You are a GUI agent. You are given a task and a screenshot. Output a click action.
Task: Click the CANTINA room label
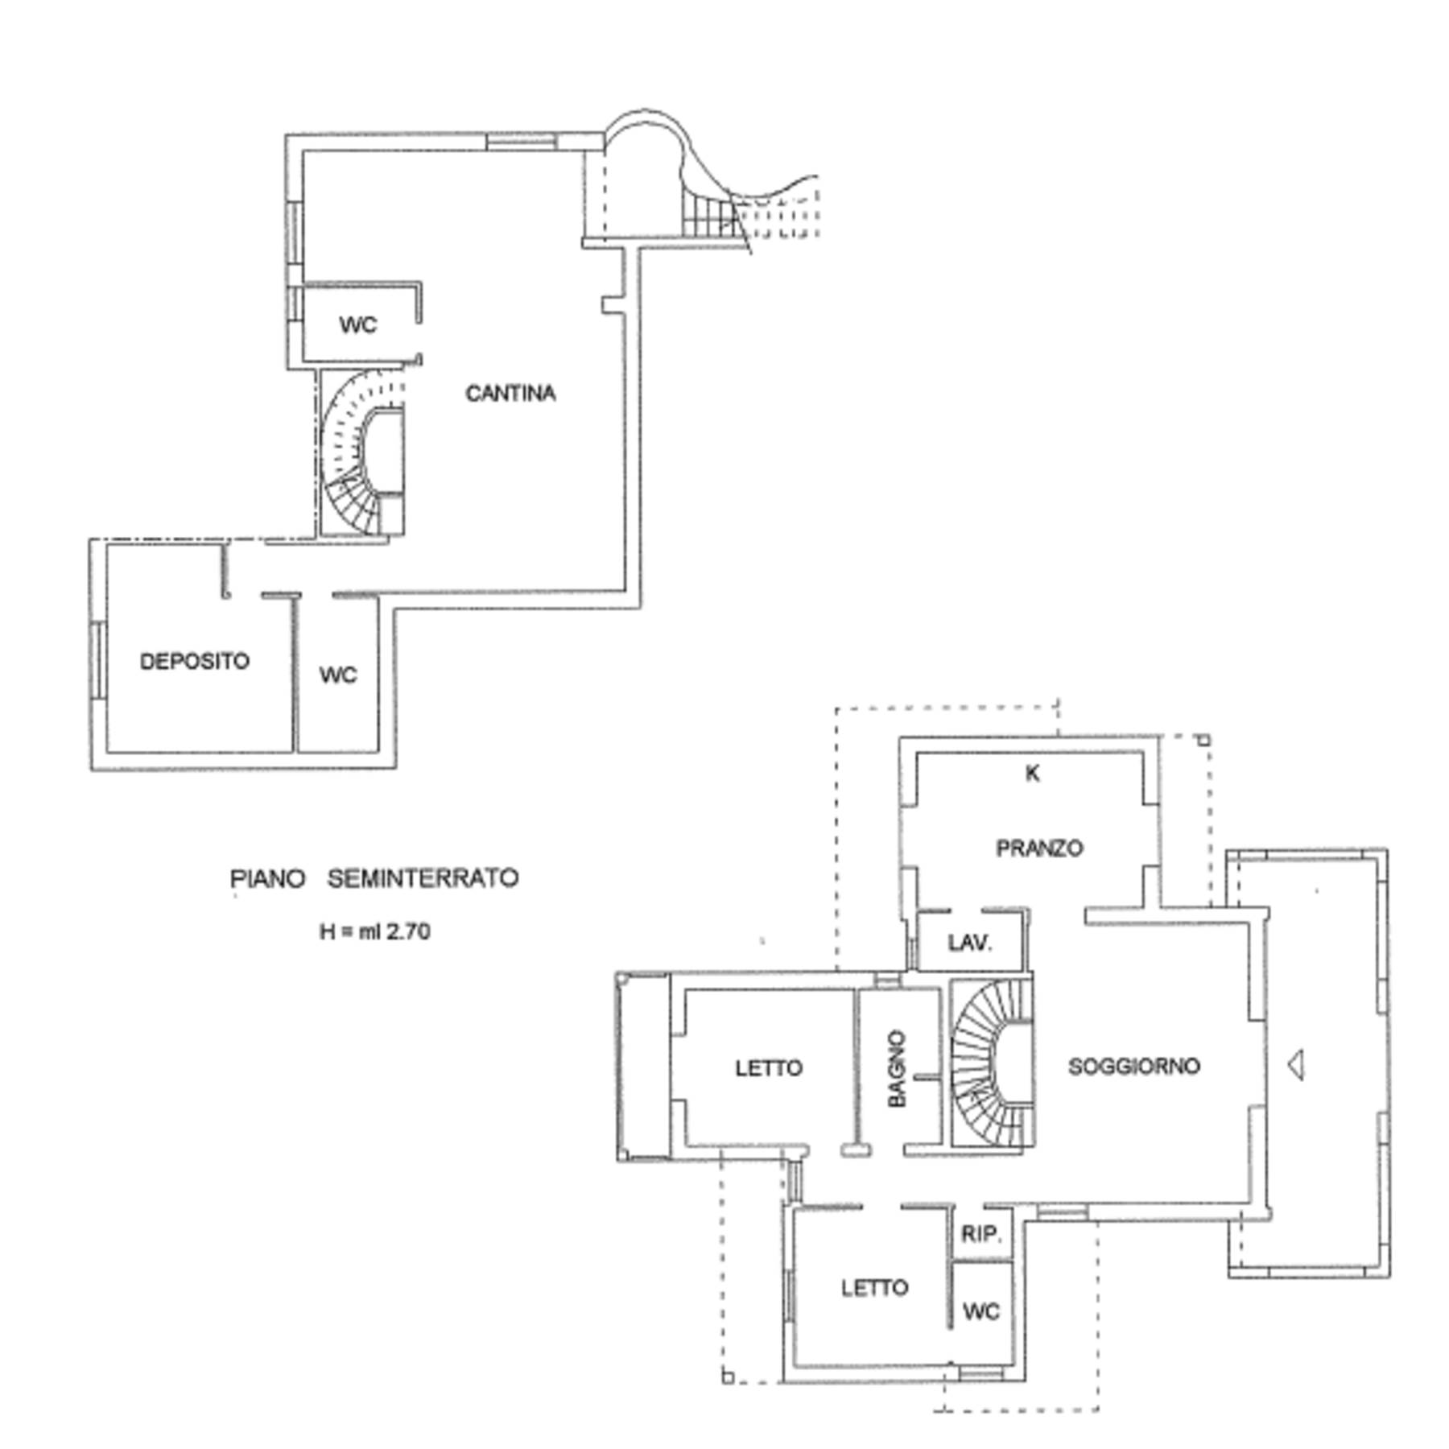click(510, 394)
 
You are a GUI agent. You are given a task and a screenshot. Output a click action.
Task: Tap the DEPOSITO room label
click(195, 661)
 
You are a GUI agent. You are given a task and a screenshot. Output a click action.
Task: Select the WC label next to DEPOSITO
click(338, 675)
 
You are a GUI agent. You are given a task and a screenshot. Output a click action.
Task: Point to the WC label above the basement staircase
click(358, 325)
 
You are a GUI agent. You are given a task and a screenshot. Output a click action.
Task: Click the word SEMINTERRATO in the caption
click(423, 877)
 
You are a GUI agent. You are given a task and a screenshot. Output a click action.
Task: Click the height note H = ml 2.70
click(375, 931)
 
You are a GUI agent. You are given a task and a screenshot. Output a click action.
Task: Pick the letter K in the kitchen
click(1032, 773)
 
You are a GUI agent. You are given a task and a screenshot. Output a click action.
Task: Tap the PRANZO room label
click(1039, 848)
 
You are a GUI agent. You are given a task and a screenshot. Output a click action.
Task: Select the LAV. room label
click(970, 943)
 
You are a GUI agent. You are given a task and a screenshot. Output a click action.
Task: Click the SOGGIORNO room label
click(1133, 1066)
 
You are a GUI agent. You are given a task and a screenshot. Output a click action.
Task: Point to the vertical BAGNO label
click(897, 1068)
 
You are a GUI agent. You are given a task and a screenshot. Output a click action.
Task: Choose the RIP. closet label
click(981, 1234)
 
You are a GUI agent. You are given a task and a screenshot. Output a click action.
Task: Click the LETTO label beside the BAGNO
click(769, 1067)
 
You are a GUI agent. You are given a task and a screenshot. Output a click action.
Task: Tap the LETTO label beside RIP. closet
click(875, 1288)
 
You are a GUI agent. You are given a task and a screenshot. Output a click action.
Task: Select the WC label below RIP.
click(981, 1311)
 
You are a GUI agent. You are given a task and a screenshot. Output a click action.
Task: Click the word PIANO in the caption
click(268, 877)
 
